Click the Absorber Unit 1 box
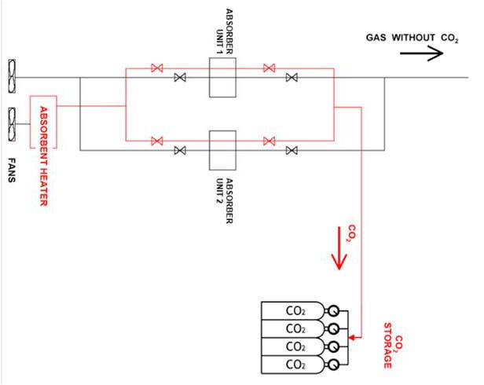point(222,77)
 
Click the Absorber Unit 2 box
point(222,149)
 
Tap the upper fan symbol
point(13,76)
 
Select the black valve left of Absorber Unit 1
point(180,77)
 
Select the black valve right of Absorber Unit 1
point(291,77)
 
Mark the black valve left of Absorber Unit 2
point(180,149)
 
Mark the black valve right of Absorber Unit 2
point(291,149)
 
